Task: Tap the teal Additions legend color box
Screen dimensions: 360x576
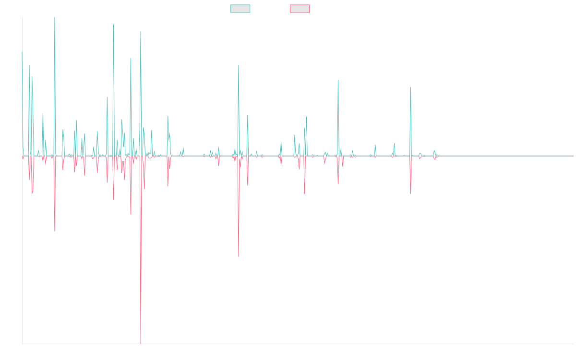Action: coord(240,9)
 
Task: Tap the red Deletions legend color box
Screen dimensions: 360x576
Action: coord(300,9)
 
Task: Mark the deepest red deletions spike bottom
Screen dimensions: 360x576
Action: coord(141,343)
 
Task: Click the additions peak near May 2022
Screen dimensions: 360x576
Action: coord(410,87)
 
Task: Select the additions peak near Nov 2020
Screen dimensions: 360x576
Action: coord(338,80)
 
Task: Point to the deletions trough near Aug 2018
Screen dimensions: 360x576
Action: coord(239,256)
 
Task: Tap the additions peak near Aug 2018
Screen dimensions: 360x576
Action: coord(239,65)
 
